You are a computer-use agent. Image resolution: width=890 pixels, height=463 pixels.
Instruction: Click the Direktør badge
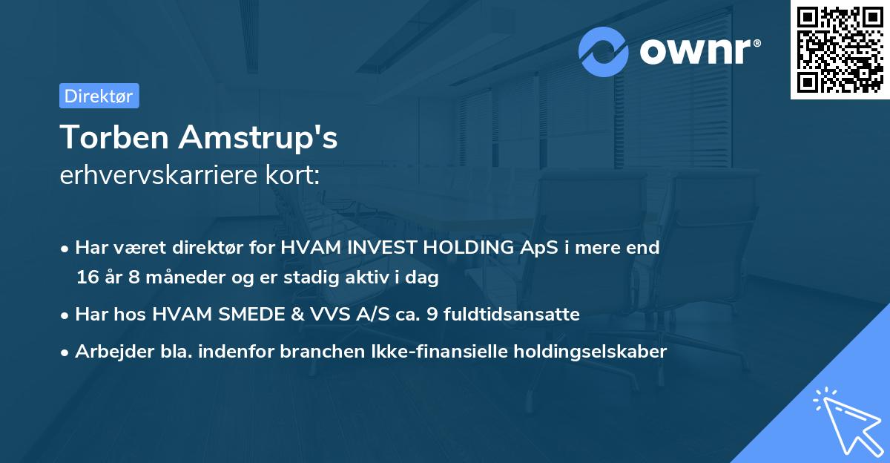tap(99, 96)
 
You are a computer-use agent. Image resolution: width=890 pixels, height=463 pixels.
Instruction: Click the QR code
tap(840, 49)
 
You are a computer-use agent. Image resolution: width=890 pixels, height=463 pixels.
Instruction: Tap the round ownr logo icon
tap(604, 51)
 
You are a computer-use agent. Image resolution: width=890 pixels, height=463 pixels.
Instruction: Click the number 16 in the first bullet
tap(86, 278)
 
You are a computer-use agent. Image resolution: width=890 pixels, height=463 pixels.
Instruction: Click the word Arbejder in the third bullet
tap(107, 352)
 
